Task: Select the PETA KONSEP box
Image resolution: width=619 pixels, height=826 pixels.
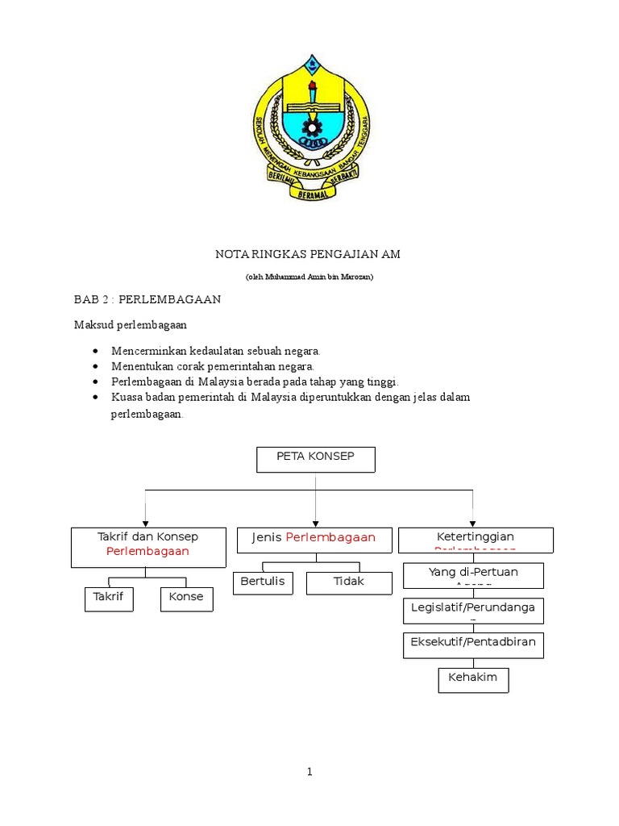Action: click(x=315, y=460)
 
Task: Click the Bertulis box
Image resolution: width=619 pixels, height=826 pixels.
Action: click(x=263, y=583)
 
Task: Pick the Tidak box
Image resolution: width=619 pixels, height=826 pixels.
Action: click(x=348, y=583)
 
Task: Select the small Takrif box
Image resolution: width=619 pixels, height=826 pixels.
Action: click(x=109, y=599)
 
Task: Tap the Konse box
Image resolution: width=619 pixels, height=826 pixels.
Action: click(x=187, y=599)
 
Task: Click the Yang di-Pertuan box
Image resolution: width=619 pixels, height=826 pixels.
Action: click(x=473, y=575)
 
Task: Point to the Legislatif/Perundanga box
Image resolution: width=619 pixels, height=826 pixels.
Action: click(x=473, y=611)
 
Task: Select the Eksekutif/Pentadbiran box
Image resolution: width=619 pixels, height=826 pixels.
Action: click(x=473, y=645)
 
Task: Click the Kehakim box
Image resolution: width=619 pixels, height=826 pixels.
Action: click(x=473, y=679)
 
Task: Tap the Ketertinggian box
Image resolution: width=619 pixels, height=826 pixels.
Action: click(x=476, y=539)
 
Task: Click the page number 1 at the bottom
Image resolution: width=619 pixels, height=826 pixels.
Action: click(x=309, y=772)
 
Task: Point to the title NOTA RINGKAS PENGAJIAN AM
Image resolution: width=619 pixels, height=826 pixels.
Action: click(x=308, y=254)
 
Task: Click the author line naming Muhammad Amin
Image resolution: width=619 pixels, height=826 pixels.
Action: click(x=309, y=277)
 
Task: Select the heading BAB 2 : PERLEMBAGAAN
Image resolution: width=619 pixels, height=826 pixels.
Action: click(x=147, y=299)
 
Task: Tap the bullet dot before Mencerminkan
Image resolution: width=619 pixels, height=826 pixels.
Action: click(x=96, y=352)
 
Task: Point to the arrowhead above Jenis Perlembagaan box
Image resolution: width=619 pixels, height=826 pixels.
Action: click(x=315, y=522)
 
